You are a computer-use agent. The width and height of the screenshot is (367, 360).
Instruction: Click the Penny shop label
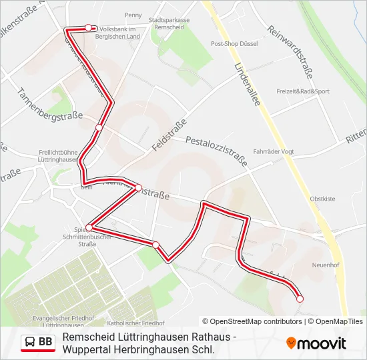click(133, 15)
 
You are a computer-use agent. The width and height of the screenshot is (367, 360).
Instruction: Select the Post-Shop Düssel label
click(234, 43)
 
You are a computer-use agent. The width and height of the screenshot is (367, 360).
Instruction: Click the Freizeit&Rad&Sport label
click(303, 91)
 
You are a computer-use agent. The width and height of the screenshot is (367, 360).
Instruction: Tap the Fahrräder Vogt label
click(274, 151)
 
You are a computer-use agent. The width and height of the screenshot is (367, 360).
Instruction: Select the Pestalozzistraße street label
click(216, 151)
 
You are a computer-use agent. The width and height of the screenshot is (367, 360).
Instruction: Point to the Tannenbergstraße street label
click(49, 105)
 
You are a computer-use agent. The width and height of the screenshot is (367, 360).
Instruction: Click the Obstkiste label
click(322, 199)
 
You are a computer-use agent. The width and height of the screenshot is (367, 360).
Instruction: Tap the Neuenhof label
click(326, 265)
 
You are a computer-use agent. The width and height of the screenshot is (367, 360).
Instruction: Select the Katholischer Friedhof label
click(131, 323)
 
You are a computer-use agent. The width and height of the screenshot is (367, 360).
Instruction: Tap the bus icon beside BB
click(30, 343)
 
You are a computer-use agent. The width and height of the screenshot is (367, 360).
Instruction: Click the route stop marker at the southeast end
click(300, 299)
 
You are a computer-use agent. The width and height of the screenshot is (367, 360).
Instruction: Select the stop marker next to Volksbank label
click(89, 27)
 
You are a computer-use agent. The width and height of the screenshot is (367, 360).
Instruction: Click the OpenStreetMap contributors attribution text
click(252, 321)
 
